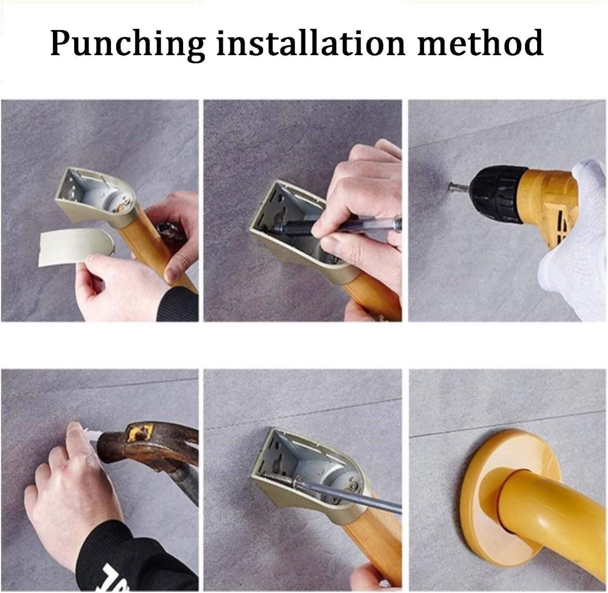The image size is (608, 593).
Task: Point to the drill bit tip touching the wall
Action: (450, 187)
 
